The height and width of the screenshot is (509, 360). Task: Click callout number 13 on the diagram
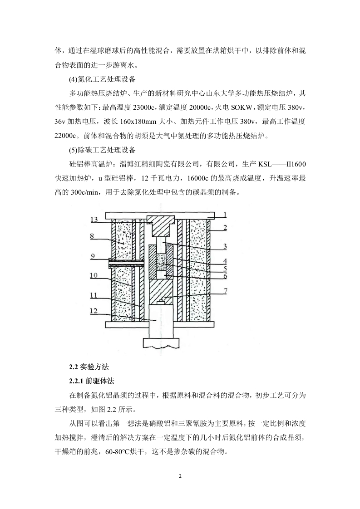pos(94,220)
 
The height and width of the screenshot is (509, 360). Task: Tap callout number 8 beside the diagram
pos(92,236)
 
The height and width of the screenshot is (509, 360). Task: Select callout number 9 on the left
pos(93,256)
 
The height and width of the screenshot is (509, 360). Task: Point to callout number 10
pos(94,276)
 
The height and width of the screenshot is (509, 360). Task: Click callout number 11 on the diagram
pos(94,295)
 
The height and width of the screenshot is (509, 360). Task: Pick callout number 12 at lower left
pos(94,311)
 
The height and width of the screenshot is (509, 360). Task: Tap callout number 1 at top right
pos(225,215)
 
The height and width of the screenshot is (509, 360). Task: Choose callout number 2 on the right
pos(225,227)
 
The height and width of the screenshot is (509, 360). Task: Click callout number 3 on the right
pos(225,246)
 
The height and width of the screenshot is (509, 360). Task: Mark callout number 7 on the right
pos(225,291)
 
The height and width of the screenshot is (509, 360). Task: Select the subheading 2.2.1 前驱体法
pos(92,381)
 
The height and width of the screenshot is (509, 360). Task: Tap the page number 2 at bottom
pos(180,476)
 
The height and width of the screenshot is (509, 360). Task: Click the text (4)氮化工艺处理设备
pos(102,79)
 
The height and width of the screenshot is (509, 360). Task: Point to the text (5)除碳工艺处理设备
pos(102,150)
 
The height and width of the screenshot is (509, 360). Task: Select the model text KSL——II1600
pos(282,164)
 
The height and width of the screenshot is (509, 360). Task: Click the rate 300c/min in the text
pos(84,192)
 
